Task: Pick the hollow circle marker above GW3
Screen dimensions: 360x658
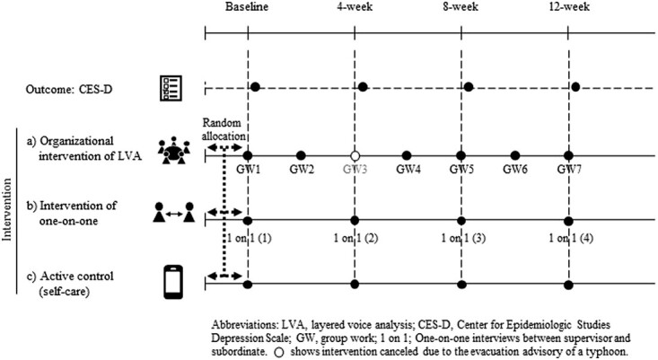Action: (x=355, y=155)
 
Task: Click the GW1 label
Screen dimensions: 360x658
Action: (x=247, y=169)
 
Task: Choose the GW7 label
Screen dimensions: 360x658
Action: (x=568, y=169)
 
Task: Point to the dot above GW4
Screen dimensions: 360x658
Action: (x=408, y=155)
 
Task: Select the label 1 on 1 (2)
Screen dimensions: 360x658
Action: (x=355, y=238)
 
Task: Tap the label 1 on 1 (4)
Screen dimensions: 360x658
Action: (x=568, y=238)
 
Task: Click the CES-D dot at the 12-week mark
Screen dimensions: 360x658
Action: (x=575, y=87)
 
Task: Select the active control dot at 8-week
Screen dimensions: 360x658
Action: (x=461, y=283)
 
